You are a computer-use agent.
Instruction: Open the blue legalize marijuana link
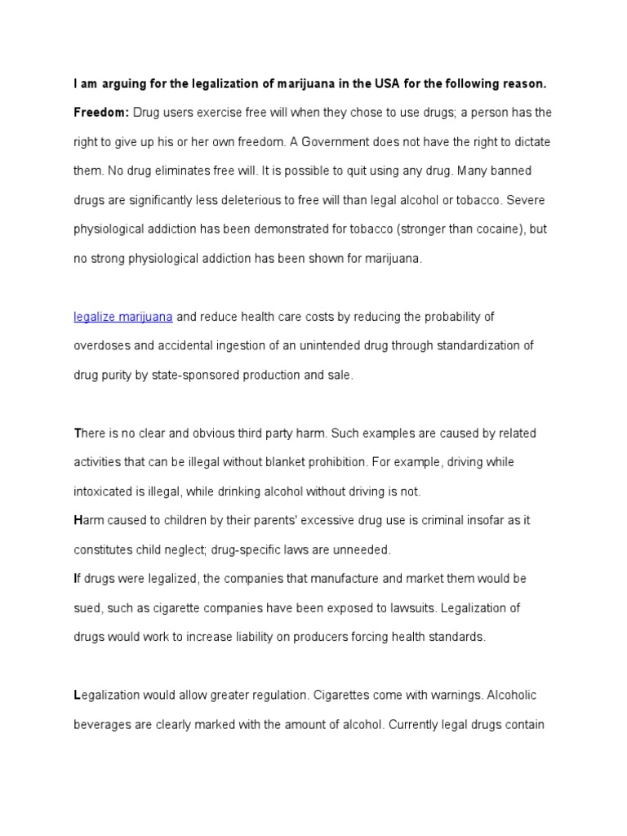(123, 317)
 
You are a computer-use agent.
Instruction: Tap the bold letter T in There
(78, 433)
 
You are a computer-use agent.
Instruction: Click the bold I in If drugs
(76, 578)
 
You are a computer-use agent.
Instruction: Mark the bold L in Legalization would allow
(78, 695)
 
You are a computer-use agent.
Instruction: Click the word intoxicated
(105, 491)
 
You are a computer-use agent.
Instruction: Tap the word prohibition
(336, 462)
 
